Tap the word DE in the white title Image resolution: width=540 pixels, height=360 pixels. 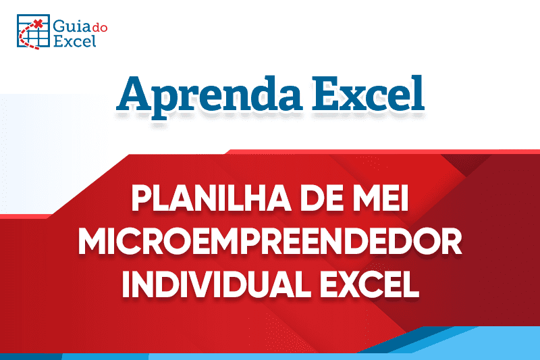pyautogui.click(x=323, y=202)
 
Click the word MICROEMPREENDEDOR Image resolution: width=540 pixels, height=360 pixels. pyautogui.click(x=270, y=243)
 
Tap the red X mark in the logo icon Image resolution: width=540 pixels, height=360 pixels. pyautogui.click(x=38, y=24)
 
